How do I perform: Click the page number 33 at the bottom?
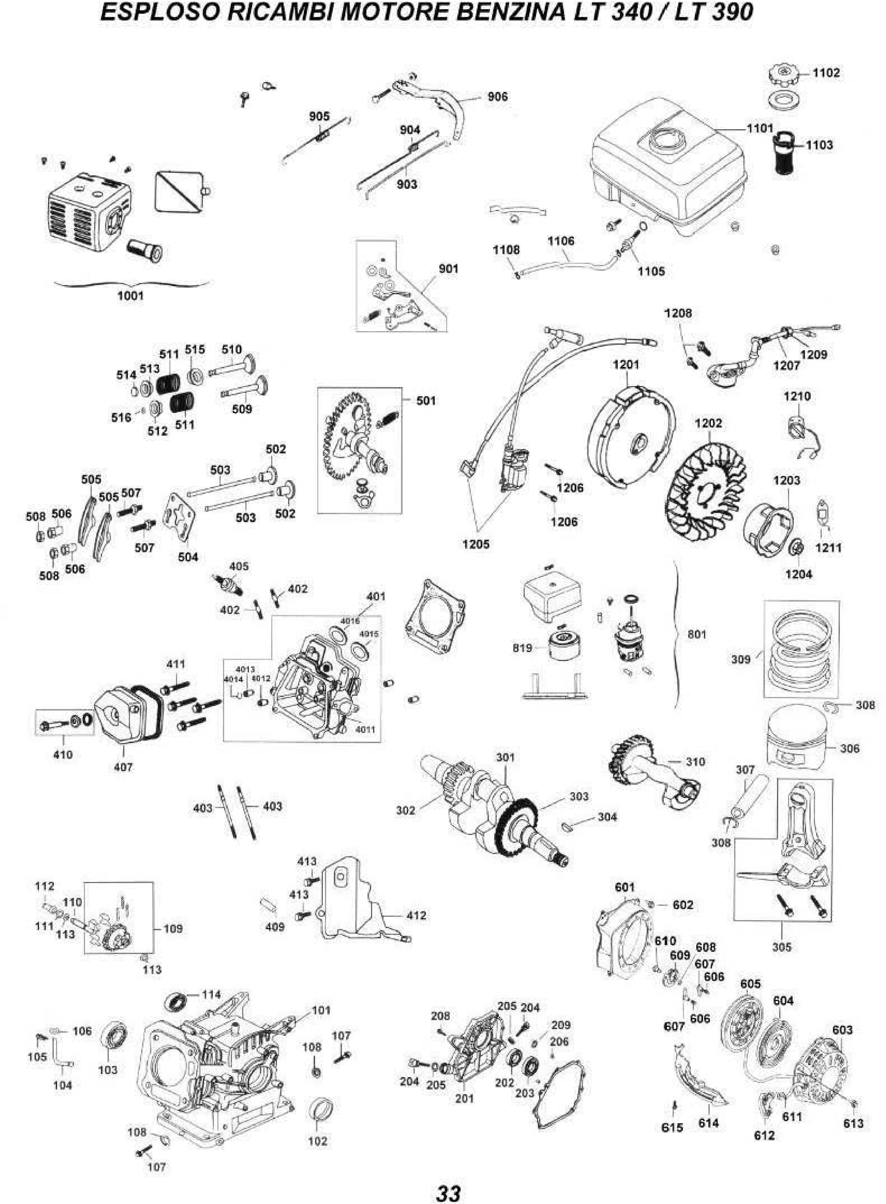coord(448,1179)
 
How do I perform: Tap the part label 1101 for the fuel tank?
coord(760,128)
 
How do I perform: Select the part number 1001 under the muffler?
coord(130,296)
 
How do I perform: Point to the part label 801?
coord(697,634)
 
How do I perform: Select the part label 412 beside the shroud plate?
coord(417,915)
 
